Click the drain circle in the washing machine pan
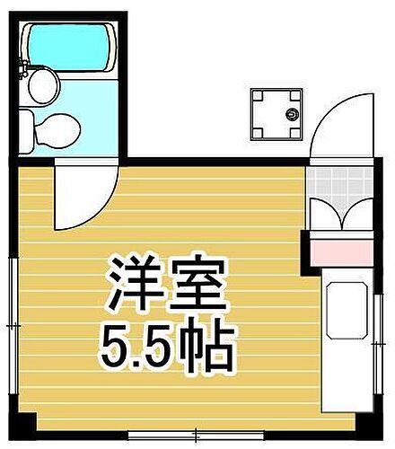292,114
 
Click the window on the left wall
11,323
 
